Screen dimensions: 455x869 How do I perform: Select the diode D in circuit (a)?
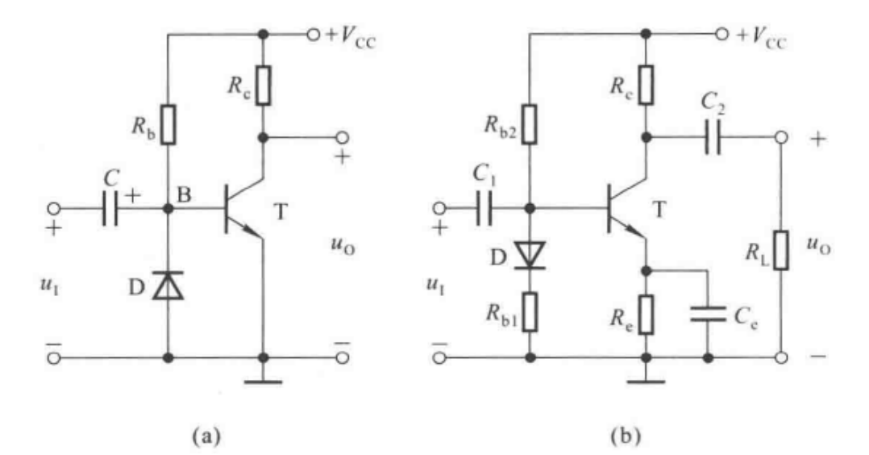click(168, 284)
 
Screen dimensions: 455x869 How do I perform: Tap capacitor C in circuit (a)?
click(111, 209)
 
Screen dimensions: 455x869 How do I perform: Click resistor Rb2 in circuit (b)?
click(530, 126)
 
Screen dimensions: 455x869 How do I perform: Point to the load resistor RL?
click(780, 248)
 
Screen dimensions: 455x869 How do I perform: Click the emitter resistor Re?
click(646, 315)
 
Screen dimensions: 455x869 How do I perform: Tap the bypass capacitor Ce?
click(707, 315)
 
